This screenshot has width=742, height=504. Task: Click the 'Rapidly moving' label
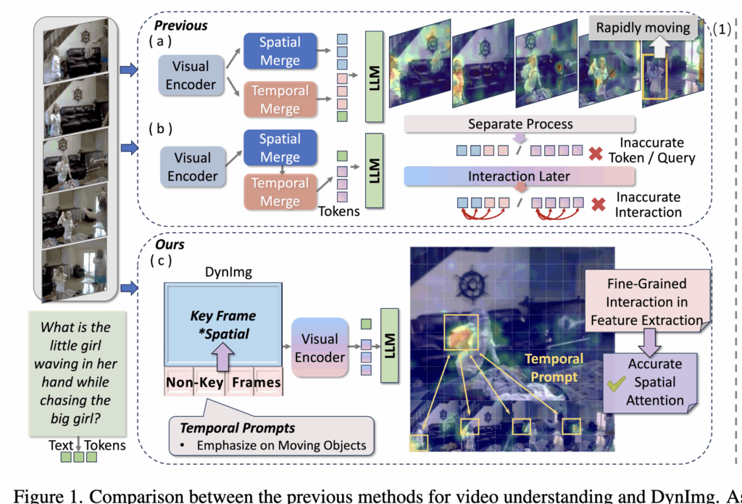click(x=643, y=28)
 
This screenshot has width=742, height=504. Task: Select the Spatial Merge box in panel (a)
click(x=280, y=51)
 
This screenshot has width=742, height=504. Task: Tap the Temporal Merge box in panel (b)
click(x=280, y=192)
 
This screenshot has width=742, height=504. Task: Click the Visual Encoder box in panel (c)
click(x=320, y=347)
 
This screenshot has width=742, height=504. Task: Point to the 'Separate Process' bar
click(x=520, y=124)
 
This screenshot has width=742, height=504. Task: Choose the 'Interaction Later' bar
click(x=520, y=177)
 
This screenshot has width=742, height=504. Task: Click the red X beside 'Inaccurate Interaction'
click(x=599, y=205)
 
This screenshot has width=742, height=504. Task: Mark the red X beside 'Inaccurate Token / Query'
click(x=596, y=152)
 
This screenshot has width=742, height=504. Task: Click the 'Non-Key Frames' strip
click(x=224, y=383)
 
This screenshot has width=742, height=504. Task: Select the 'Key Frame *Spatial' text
click(x=222, y=324)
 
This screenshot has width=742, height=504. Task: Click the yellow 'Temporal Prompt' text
click(x=554, y=367)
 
